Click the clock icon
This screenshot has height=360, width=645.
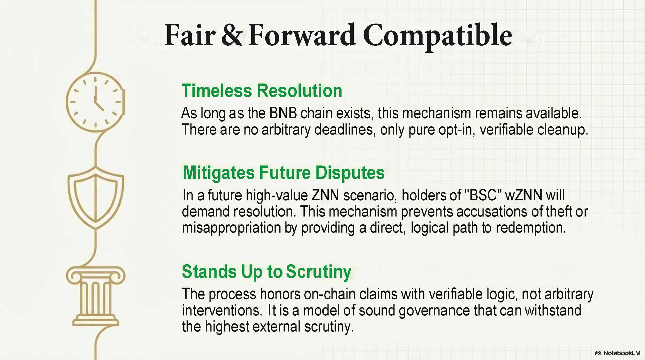click(95, 102)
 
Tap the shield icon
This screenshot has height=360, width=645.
click(96, 198)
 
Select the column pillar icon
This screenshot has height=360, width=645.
click(96, 296)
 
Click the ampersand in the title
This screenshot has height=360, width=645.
click(231, 35)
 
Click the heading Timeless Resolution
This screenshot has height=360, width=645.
click(262, 91)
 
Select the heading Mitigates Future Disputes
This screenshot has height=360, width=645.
click(284, 173)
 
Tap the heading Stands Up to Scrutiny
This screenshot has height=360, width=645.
click(267, 272)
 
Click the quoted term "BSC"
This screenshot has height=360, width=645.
click(483, 195)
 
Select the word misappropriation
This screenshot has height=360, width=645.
click(231, 228)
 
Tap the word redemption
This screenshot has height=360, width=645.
click(531, 228)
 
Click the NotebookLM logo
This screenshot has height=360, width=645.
click(617, 353)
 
